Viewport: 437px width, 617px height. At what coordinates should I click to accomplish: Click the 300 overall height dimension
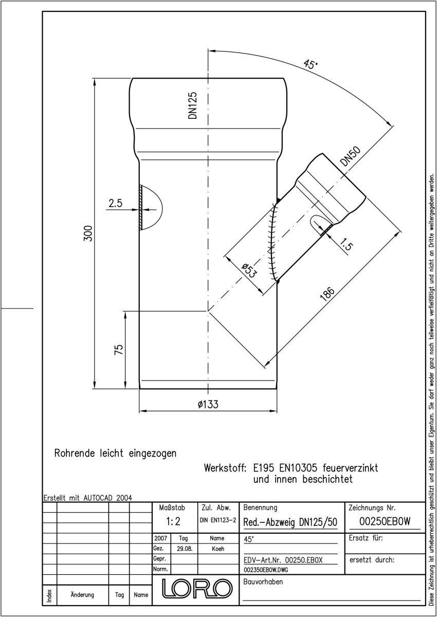coord(88,233)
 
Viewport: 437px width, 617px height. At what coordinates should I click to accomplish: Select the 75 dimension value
coord(119,350)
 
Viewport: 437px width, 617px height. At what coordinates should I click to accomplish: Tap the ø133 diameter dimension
coord(208,404)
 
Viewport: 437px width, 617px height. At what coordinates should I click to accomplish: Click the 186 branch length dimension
coord(327,294)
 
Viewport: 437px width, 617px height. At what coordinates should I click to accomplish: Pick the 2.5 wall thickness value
coord(115,203)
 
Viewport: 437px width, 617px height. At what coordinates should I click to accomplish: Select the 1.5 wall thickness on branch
coord(345,245)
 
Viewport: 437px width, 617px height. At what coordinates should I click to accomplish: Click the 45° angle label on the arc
coord(311,64)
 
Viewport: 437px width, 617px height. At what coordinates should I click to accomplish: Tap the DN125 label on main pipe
coord(193,105)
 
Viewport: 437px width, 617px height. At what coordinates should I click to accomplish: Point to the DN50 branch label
coord(351,156)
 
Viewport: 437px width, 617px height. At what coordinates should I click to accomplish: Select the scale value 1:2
coord(173,521)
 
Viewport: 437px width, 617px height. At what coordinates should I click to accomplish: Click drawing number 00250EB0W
coord(385,521)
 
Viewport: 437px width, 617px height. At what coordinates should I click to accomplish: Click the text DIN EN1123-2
coord(218,520)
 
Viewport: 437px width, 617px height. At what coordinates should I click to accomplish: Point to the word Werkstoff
coord(225,468)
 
